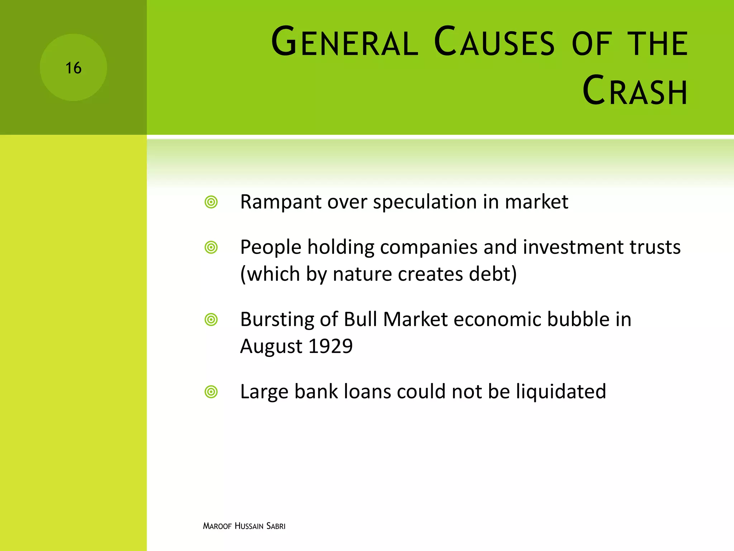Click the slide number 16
click(x=73, y=68)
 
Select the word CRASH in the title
click(x=635, y=91)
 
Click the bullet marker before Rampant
click(x=211, y=202)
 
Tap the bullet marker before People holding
click(x=211, y=248)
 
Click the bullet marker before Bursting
click(x=211, y=320)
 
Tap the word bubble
click(x=578, y=319)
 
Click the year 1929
click(x=330, y=346)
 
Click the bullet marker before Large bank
click(x=211, y=392)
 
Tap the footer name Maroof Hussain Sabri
click(x=244, y=526)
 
